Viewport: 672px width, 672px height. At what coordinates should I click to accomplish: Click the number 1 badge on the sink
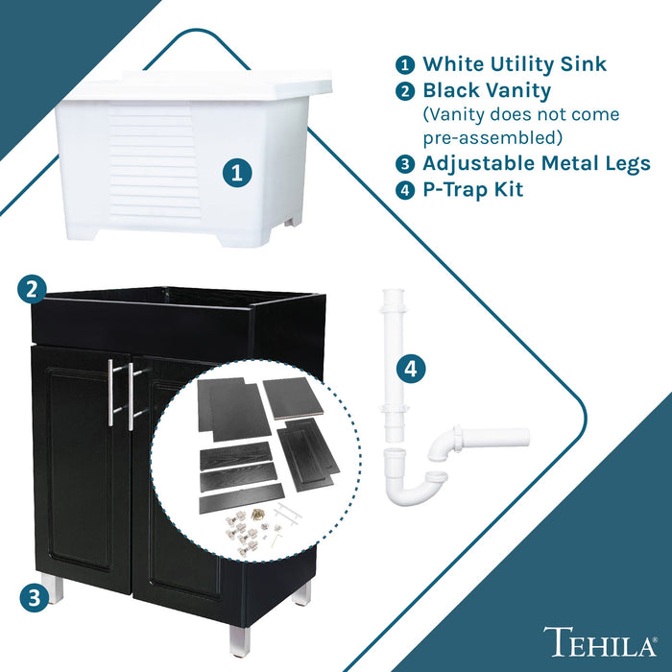tap(237, 174)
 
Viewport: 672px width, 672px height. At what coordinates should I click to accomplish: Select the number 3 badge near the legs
tap(33, 597)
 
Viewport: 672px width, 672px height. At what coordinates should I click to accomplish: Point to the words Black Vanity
tap(487, 91)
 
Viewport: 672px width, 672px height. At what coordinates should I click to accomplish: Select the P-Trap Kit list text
tap(472, 189)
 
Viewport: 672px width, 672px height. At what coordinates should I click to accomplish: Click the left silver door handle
tap(111, 394)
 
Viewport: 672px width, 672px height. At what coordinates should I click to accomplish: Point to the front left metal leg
tap(54, 588)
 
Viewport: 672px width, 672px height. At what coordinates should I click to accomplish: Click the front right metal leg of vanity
tap(239, 639)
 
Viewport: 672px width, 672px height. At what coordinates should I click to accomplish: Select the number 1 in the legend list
tap(405, 65)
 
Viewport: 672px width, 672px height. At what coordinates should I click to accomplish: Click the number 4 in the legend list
tap(405, 190)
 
